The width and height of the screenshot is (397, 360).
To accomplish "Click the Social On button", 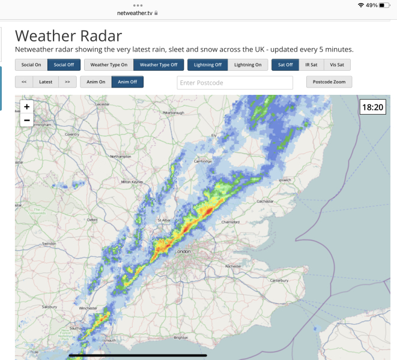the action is (x=31, y=65).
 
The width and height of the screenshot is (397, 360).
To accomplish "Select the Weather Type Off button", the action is (x=159, y=65).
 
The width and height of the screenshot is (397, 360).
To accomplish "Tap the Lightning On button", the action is (x=248, y=65).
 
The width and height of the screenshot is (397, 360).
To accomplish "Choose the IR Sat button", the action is (x=311, y=65).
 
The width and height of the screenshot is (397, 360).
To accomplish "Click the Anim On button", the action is (x=95, y=82).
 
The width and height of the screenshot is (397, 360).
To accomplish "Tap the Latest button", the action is (x=46, y=82).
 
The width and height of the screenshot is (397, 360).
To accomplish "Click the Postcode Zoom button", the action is (x=329, y=82).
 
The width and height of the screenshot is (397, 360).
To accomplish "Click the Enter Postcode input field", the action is (x=235, y=82).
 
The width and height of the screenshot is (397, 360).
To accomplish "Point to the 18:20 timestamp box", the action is (x=372, y=107).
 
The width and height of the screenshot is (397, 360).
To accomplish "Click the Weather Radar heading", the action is (x=68, y=36).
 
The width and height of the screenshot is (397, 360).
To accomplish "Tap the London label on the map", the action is (x=182, y=252).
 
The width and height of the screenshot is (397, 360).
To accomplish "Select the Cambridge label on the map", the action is (x=203, y=161).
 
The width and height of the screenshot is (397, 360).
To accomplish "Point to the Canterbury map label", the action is (x=280, y=280).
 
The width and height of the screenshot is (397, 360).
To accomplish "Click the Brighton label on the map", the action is (x=180, y=338).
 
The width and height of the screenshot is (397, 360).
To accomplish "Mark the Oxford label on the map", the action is (x=92, y=220).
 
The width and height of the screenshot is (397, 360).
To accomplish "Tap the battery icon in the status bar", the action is (x=384, y=5).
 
